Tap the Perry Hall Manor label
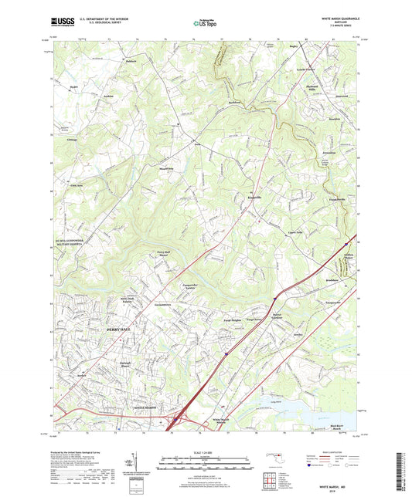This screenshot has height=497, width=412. click(x=162, y=254)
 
